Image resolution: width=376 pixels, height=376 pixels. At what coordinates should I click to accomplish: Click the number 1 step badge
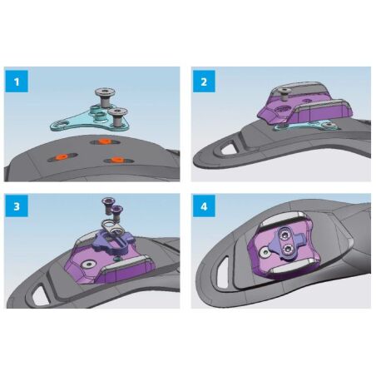pos(17,82)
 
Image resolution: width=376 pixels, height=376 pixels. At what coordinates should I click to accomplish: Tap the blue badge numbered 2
pos(204,82)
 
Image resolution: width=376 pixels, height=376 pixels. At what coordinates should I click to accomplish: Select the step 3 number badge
pos(17,206)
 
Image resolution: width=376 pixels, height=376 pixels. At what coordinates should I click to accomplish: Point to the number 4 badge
pos(204,206)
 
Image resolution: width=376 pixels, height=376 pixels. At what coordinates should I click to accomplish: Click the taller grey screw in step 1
pos(105,97)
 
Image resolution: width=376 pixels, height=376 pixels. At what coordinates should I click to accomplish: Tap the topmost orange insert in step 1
pos(105,141)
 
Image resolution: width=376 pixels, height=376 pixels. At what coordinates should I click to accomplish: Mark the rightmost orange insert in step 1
pos(117,160)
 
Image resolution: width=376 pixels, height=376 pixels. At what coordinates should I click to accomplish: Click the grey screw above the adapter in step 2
pos(284,94)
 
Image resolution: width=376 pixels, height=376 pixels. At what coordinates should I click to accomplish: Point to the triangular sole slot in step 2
pos(229,147)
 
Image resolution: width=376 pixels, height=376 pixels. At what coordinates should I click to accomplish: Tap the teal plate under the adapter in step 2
pos(306,126)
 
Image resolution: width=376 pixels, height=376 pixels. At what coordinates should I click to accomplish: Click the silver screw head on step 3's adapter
pos(88,265)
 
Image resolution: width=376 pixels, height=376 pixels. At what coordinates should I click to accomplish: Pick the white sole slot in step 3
pos(41,296)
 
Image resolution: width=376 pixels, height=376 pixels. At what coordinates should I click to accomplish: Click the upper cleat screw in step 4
pos(284,235)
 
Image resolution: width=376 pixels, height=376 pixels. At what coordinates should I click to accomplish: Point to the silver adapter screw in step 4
pos(264,252)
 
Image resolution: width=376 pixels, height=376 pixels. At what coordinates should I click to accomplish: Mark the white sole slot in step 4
pos(223,273)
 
